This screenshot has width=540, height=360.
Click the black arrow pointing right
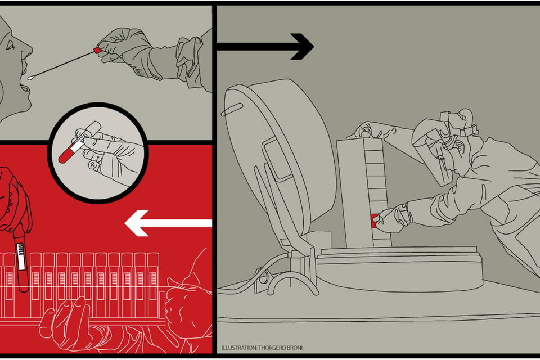265,47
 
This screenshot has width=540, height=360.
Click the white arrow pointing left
168,223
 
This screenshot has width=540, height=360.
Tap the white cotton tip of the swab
31,78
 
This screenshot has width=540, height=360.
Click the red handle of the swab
97,51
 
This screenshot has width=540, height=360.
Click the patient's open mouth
25,82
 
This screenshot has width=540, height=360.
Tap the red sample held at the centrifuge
375,221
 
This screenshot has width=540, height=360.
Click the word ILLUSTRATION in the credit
239,348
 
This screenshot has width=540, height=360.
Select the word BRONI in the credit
294,348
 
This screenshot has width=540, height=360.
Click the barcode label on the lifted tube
21,256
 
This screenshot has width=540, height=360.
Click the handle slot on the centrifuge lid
232,110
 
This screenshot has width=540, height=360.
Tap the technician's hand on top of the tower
368,130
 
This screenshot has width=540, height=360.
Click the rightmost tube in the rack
153,283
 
